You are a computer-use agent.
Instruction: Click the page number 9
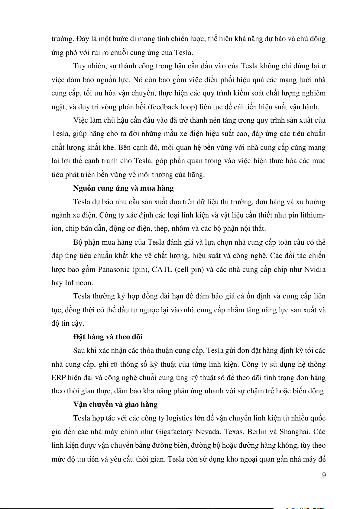pyautogui.click(x=324, y=475)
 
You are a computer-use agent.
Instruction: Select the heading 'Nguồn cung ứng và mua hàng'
pyautogui.click(x=123, y=188)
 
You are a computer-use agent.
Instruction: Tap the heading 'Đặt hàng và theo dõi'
pyautogui.click(x=108, y=337)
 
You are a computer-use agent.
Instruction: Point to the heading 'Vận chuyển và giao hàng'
pyautogui.click(x=115, y=404)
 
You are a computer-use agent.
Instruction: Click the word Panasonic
pyautogui.click(x=114, y=269)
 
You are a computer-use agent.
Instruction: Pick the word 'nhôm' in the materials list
pyautogui.click(x=174, y=229)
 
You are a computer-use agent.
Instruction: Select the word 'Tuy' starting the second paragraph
pyautogui.click(x=79, y=66)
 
